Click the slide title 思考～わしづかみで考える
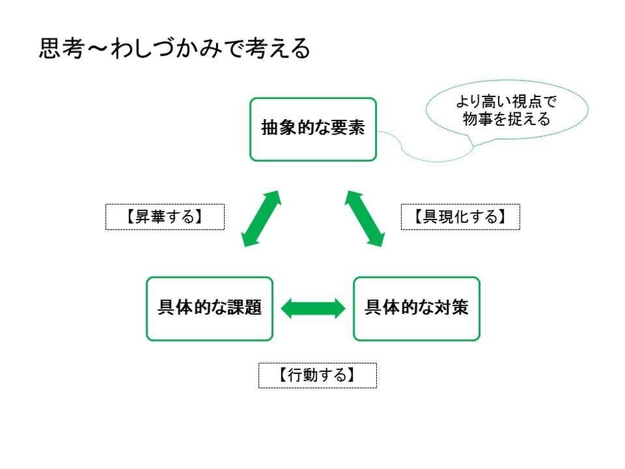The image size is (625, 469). [x=175, y=49]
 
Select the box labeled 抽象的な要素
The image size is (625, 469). [x=312, y=130]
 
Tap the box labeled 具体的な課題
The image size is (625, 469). [x=209, y=309]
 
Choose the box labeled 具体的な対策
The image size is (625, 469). [x=416, y=309]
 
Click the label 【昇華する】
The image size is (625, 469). [x=164, y=217]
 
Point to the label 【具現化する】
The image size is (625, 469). [x=460, y=217]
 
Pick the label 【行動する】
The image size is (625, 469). [x=317, y=375]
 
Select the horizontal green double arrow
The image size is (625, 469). [x=313, y=309]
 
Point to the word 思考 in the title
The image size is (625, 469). [x=59, y=49]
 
